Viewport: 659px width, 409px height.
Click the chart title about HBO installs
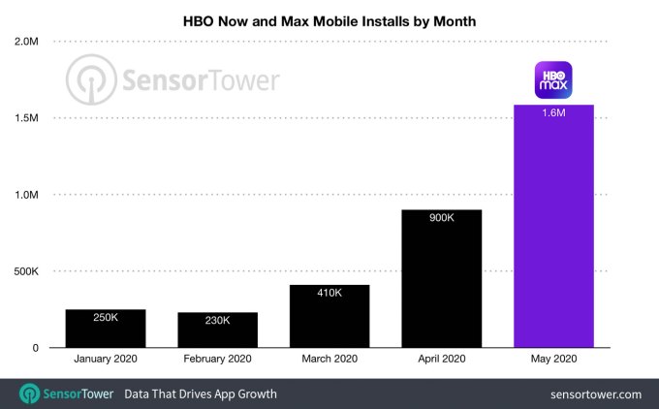pos(329,19)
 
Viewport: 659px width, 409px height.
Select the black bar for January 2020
pos(105,330)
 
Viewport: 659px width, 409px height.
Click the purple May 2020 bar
pos(553,233)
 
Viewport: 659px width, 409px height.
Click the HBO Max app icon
pos(553,80)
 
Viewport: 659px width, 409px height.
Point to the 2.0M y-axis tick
pos(26,42)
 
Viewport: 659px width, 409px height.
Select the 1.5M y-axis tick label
pos(26,118)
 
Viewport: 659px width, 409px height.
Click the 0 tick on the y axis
pos(34,348)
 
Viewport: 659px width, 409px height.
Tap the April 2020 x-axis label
pos(441,360)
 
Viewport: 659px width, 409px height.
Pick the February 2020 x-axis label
pos(217,360)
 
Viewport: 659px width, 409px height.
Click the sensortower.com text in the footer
pos(595,394)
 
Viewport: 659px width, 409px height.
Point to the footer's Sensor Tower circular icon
pos(30,393)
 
